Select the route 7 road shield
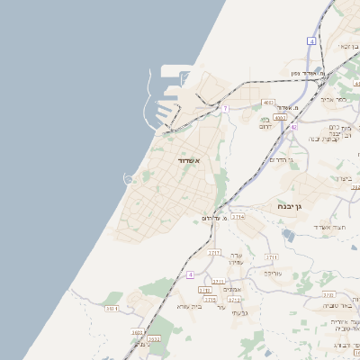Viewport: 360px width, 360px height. click(226, 109)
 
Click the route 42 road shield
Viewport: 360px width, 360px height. click(293, 127)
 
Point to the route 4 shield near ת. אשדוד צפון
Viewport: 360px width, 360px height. click(311, 40)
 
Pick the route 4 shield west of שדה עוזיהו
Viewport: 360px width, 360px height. click(191, 274)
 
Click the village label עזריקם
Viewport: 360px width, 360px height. click(274, 271)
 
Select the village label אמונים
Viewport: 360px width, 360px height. click(231, 289)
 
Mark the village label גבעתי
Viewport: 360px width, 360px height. click(240, 313)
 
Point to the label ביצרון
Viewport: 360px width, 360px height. click(346, 178)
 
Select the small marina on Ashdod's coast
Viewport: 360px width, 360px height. click(130, 180)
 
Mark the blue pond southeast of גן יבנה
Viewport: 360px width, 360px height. click(287, 235)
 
